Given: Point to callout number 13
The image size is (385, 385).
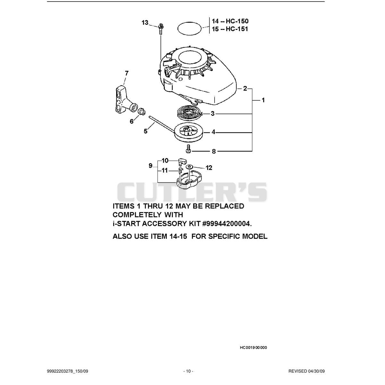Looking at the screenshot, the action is (x=145, y=22).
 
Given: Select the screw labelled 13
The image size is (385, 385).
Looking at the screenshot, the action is (x=160, y=29).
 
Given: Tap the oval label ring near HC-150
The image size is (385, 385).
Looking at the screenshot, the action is (x=189, y=28).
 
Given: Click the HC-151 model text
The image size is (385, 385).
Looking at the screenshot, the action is (x=237, y=29).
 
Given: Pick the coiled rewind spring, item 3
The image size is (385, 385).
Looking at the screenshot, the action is (x=190, y=113).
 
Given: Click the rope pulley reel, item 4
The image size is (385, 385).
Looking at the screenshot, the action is (x=189, y=132).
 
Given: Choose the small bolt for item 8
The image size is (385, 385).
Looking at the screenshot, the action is (x=188, y=149).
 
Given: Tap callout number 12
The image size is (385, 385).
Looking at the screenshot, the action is (x=209, y=167).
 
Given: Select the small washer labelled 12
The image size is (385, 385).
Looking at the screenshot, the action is (x=189, y=167).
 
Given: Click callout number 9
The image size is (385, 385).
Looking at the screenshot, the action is (x=151, y=166).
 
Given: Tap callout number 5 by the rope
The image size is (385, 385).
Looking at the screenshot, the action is (x=146, y=131).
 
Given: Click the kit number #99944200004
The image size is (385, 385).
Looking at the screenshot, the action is (x=227, y=224).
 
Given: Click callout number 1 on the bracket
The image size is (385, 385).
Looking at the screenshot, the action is (x=263, y=100).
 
